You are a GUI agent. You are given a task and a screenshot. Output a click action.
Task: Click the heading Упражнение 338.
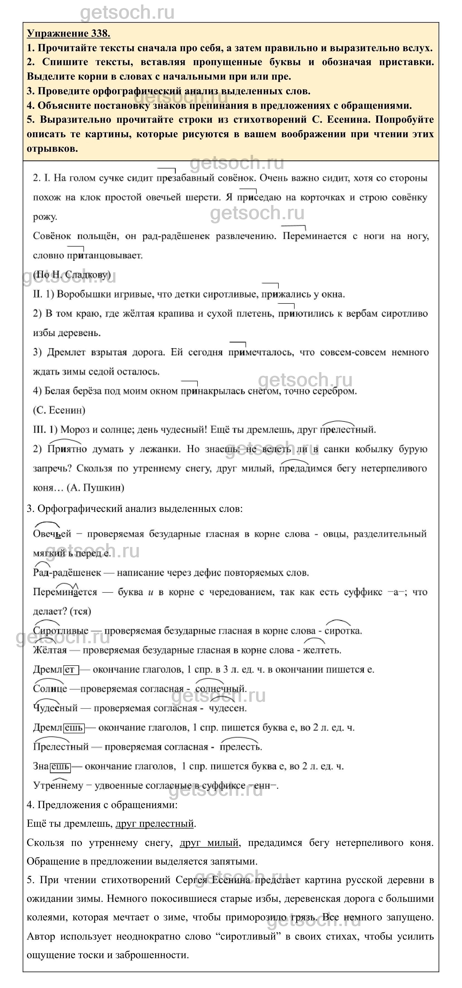68,34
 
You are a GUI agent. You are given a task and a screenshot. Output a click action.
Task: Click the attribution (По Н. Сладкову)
72,274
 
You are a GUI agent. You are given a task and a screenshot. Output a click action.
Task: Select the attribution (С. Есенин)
59,410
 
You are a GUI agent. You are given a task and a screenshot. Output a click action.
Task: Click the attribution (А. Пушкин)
95,488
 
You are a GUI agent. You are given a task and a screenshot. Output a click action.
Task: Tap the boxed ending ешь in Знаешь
60,766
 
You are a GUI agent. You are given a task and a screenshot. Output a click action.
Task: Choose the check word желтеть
322,650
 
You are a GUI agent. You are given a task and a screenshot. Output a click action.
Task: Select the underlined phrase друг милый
210,843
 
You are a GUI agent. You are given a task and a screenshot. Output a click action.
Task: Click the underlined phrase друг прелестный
155,823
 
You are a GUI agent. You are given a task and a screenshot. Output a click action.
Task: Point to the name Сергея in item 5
191,880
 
